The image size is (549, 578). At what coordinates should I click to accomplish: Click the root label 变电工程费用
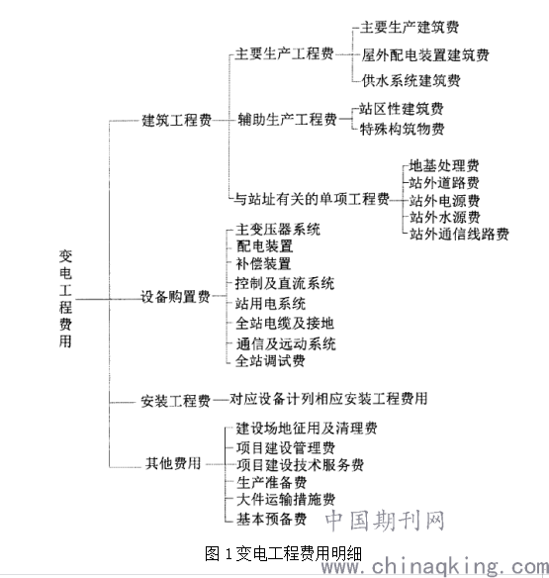(x=65, y=299)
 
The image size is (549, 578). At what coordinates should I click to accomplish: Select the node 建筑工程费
(x=177, y=120)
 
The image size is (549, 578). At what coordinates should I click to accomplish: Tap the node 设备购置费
(x=175, y=296)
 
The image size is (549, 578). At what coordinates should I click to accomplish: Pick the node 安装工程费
(x=175, y=401)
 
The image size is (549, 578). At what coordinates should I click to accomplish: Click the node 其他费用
(x=173, y=463)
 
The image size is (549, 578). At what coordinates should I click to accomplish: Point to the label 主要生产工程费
(x=285, y=53)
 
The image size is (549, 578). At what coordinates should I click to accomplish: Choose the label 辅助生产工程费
(x=287, y=119)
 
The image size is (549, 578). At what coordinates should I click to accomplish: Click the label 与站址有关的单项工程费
(x=312, y=199)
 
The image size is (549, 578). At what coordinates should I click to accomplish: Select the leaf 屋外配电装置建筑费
(x=425, y=54)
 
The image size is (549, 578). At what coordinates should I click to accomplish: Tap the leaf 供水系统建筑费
(x=411, y=80)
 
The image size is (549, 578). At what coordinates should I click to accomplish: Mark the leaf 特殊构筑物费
(x=402, y=129)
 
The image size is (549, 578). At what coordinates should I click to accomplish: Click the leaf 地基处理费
(x=444, y=165)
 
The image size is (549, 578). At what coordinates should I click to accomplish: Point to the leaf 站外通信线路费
(x=459, y=234)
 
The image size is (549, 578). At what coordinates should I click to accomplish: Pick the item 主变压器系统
(x=278, y=230)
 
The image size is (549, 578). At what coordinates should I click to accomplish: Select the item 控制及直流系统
(x=285, y=283)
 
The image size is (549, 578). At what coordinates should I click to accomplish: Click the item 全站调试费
(x=270, y=360)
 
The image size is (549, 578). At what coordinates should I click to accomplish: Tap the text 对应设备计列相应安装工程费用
(x=328, y=399)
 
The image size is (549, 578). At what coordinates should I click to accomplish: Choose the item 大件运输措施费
(x=286, y=500)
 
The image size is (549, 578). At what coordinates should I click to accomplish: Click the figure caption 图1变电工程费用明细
(x=283, y=553)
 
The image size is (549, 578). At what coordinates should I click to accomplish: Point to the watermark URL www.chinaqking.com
(x=435, y=566)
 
